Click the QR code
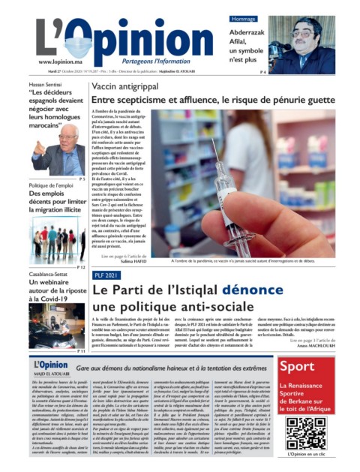pos(305,433)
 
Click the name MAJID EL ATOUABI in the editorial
pos(47,376)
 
